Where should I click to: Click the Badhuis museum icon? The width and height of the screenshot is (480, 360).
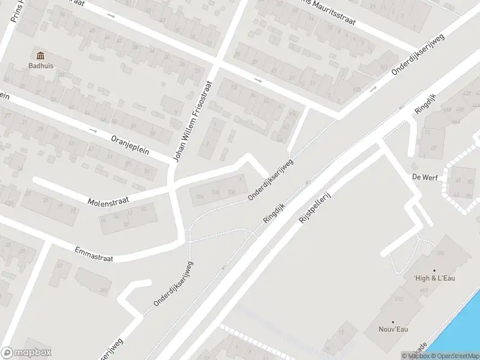40,56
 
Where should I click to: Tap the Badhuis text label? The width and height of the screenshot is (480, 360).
40,66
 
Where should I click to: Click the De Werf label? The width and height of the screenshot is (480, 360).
423,177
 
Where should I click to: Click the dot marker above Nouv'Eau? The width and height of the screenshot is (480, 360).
393,322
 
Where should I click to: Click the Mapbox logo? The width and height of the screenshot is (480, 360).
26,353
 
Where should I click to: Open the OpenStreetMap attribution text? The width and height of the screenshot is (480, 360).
457,356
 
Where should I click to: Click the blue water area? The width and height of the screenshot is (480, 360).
462,336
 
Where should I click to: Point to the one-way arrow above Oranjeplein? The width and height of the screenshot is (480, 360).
93,130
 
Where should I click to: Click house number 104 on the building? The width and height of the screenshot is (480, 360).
200,196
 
